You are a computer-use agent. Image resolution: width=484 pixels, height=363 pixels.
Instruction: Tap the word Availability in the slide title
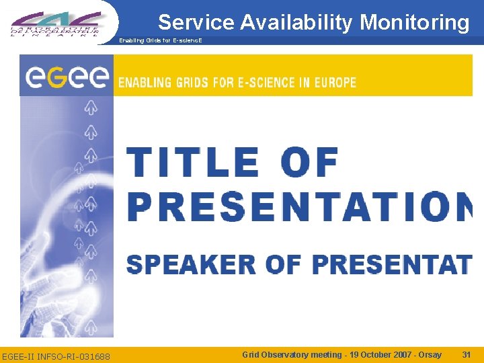pos(296,23)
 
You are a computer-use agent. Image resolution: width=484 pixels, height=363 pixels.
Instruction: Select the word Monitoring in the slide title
pos(415,23)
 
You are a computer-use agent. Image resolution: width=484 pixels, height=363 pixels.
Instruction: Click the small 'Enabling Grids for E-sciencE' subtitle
pos(160,40)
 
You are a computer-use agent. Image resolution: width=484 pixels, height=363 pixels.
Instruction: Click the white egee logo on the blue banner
pos(67,77)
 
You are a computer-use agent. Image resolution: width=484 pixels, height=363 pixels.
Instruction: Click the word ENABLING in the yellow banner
pos(145,83)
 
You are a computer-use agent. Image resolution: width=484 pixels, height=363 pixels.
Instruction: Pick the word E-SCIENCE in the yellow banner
pos(256,83)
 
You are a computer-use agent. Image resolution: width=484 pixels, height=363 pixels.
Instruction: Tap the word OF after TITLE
pos(309,162)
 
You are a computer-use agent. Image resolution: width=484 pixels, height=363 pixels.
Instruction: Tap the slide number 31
pos(467,354)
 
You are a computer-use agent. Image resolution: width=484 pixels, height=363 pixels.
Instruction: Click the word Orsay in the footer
pos(429,354)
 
